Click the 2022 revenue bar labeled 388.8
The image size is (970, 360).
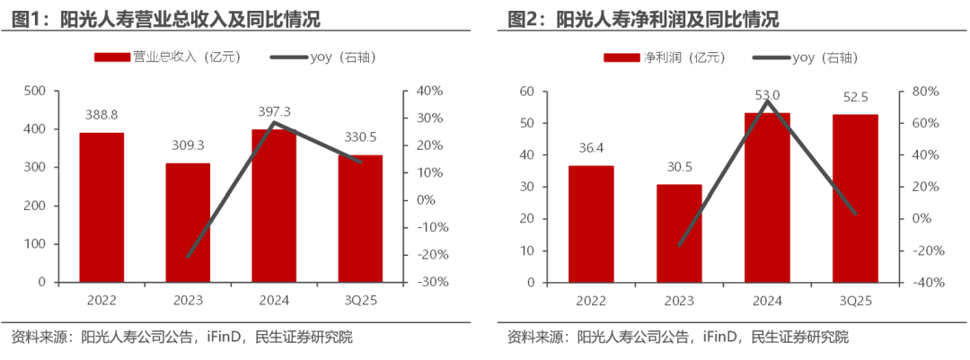tap(101, 207)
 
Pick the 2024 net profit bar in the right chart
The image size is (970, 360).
tap(767, 198)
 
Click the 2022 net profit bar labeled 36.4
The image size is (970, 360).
tap(591, 224)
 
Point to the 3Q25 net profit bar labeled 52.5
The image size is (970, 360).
tap(854, 198)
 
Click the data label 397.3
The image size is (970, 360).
tap(273, 110)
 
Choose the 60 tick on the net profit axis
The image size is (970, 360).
tap(528, 92)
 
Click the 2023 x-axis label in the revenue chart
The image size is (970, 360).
tap(188, 300)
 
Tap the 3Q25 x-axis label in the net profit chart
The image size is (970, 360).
tap(854, 300)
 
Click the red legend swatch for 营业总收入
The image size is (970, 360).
tap(112, 57)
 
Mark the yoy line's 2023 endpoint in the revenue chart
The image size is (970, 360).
tap(188, 257)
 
